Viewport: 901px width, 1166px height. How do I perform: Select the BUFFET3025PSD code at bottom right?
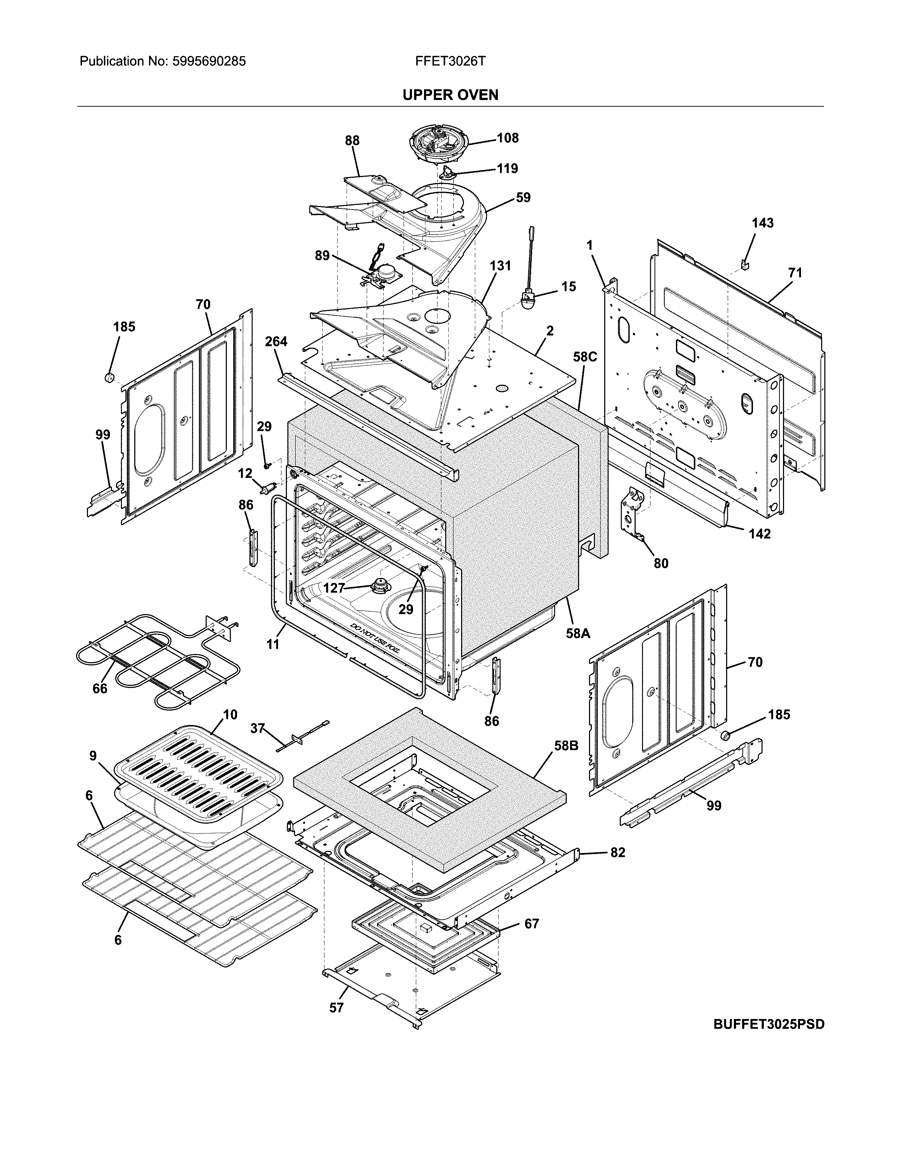click(x=768, y=1024)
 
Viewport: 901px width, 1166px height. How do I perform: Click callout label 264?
click(x=276, y=341)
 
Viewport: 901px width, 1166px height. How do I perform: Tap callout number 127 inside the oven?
click(x=334, y=588)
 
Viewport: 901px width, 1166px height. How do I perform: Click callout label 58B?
click(x=566, y=745)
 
